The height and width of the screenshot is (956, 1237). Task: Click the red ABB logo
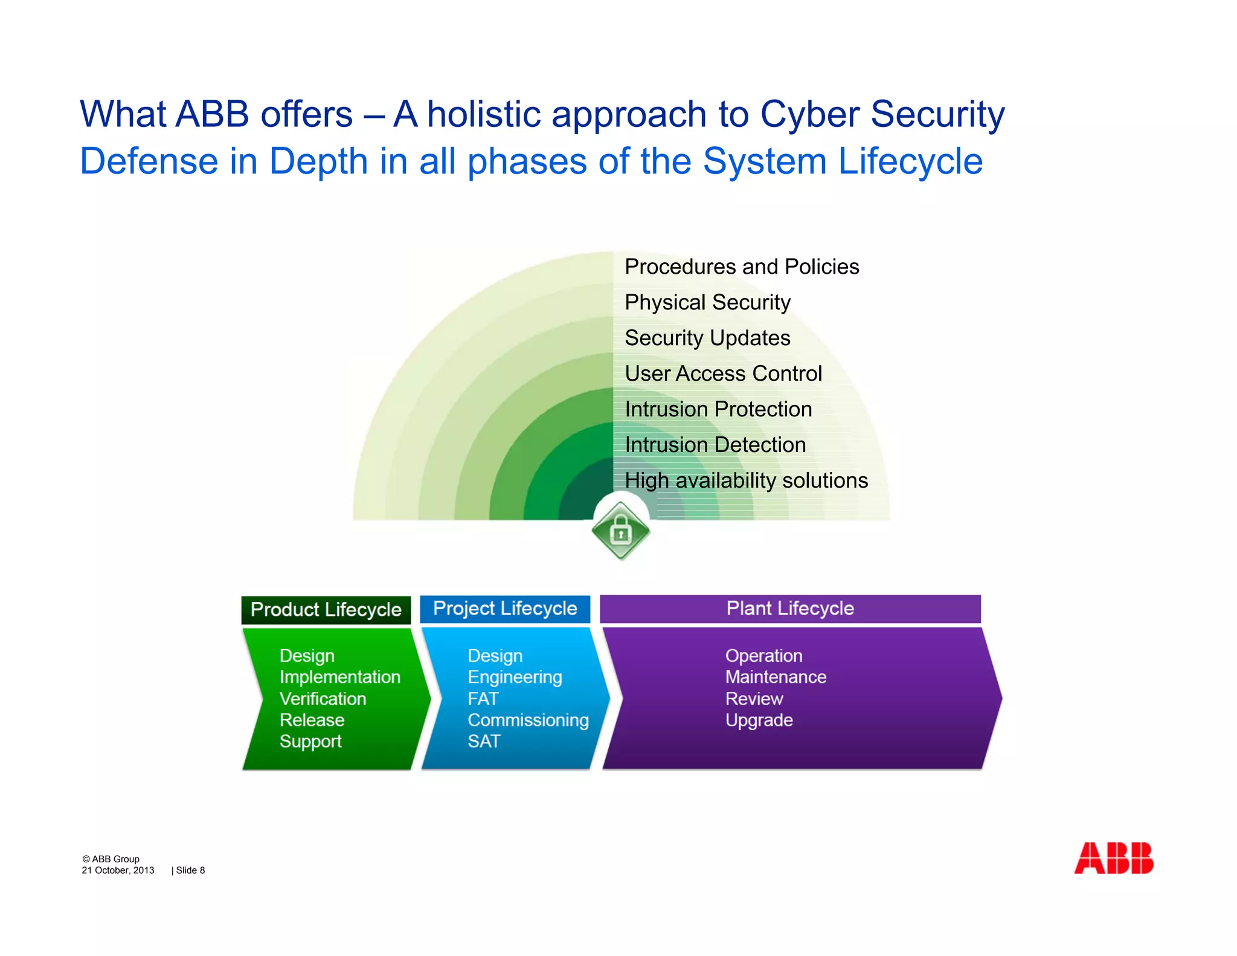tap(1113, 858)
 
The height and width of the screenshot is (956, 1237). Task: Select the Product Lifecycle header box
tap(326, 609)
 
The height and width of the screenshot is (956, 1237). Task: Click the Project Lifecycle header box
tap(505, 609)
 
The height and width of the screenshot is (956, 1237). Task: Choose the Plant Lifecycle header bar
tap(789, 609)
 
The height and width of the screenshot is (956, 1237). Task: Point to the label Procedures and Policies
tap(741, 266)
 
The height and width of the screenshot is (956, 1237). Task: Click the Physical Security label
tap(707, 302)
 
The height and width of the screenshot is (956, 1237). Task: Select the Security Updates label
tap(707, 338)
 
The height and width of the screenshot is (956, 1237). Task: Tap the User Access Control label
tap(723, 373)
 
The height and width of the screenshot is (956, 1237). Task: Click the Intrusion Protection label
tap(718, 409)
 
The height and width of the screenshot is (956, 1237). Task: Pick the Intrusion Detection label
tap(715, 445)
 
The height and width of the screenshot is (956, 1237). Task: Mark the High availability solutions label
tap(746, 480)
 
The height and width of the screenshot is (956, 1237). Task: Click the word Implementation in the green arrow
tap(339, 677)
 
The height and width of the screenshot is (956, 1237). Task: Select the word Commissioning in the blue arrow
tap(528, 720)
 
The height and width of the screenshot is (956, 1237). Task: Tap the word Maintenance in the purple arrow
tap(776, 677)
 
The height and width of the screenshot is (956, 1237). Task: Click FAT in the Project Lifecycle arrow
tap(483, 699)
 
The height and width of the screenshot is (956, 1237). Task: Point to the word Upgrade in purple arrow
tap(759, 720)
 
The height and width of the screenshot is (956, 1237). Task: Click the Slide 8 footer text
tap(190, 870)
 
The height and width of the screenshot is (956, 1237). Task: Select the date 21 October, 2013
tap(118, 870)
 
